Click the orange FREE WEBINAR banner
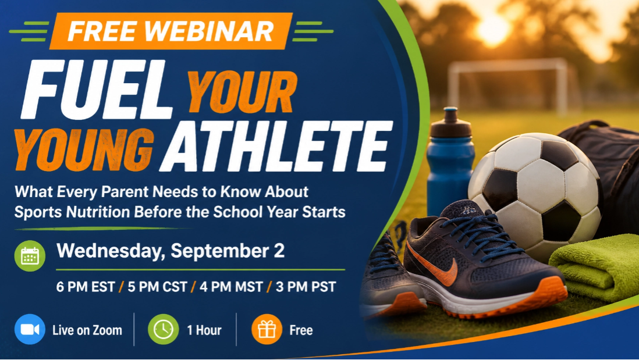click(x=171, y=31)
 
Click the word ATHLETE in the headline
click(x=276, y=147)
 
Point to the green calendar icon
click(x=30, y=256)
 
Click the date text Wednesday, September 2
click(x=171, y=251)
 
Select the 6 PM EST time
click(x=86, y=287)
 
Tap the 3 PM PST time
click(x=306, y=287)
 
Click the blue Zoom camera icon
click(x=30, y=329)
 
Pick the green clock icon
click(x=163, y=329)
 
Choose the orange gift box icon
click(x=267, y=329)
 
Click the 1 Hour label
click(x=204, y=330)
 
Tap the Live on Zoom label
click(x=87, y=330)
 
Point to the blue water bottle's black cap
click(x=450, y=123)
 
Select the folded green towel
click(x=595, y=269)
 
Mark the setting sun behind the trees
click(x=494, y=29)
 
